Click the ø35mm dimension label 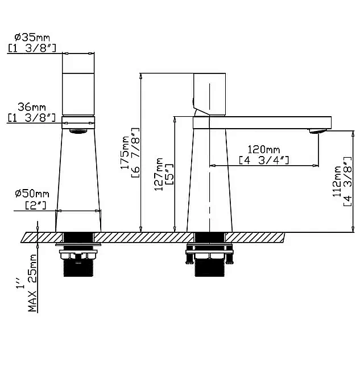(32, 38)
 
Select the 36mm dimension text (32, 107)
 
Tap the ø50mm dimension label (32, 194)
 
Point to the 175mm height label (125, 153)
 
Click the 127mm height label (158, 174)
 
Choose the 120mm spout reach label (264, 149)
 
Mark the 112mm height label (337, 181)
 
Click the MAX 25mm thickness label (32, 283)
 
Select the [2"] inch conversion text (36, 206)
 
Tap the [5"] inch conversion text (169, 174)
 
